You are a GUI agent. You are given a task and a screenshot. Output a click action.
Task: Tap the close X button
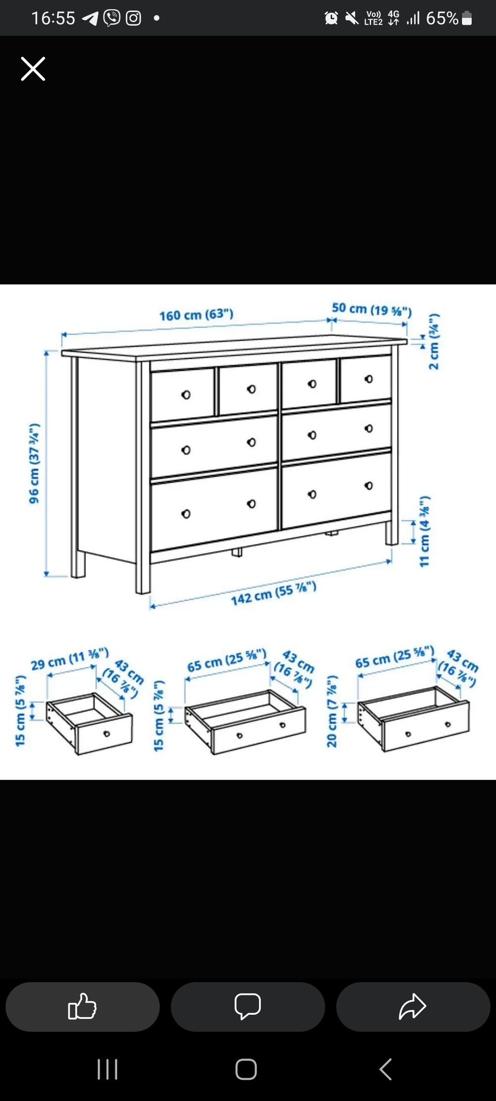tap(33, 69)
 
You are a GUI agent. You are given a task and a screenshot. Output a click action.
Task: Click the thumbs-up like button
tap(82, 1006)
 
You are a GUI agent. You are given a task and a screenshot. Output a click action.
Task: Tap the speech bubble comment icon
tap(247, 1006)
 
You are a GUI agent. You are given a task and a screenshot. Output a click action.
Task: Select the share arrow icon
tap(412, 1006)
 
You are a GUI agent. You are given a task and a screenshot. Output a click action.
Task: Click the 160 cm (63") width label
tap(196, 314)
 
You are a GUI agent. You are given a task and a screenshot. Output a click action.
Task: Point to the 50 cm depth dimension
tap(371, 309)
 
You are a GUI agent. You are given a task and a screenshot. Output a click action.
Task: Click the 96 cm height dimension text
tap(34, 463)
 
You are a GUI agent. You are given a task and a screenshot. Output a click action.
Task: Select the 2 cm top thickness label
tap(434, 341)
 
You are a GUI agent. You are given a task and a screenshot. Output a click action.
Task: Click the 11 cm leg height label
tap(425, 531)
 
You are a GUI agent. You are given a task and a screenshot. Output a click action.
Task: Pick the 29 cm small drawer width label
tap(70, 658)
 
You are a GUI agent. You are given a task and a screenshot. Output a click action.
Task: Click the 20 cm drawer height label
tap(332, 711)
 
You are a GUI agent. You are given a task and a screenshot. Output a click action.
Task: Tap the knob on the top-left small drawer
tap(186, 395)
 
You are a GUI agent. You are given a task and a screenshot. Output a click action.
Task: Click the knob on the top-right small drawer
tap(368, 379)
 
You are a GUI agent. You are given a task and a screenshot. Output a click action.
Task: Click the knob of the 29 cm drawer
tap(107, 733)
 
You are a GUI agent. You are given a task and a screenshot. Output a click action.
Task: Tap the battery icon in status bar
tap(467, 18)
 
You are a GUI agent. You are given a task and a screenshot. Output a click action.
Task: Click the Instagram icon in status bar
tap(133, 18)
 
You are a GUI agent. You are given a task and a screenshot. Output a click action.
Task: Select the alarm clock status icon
tap(331, 18)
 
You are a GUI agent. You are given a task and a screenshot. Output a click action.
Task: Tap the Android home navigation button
tap(246, 1069)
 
